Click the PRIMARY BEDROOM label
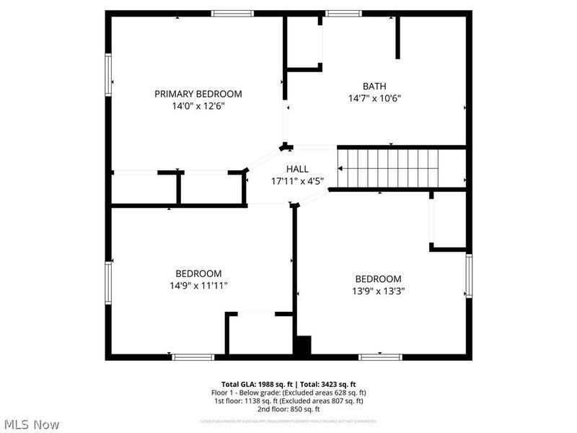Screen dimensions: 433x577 [198, 94]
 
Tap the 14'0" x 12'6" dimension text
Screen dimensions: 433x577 [198, 106]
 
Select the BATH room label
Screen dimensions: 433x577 [374, 86]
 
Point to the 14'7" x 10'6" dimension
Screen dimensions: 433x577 [374, 98]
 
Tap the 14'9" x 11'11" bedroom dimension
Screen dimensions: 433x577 [198, 285]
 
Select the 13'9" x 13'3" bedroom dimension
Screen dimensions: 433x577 [377, 291]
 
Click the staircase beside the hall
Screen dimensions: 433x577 [389, 167]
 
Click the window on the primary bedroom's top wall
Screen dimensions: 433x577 [232, 13]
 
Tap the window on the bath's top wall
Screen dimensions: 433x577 [343, 13]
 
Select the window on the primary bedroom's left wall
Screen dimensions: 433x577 [109, 75]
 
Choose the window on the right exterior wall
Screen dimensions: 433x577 [469, 276]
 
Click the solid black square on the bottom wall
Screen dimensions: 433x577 [302, 346]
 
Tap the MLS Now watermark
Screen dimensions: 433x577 [31, 424]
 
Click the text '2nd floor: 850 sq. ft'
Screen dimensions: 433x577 [288, 409]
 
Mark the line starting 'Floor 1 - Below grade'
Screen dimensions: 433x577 [288, 393]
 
